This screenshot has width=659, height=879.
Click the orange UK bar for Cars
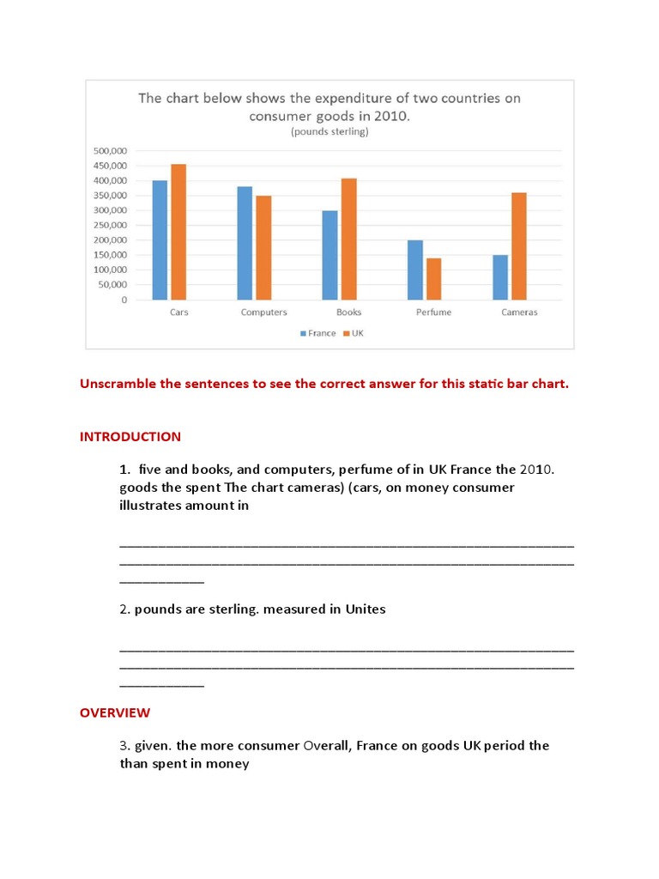click(x=178, y=232)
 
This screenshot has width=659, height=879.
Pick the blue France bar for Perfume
click(x=415, y=270)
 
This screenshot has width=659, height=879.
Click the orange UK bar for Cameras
click(x=519, y=246)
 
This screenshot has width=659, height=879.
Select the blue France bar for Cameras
click(x=500, y=277)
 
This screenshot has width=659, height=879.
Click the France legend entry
click(x=317, y=333)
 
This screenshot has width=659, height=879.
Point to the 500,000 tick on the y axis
click(x=109, y=151)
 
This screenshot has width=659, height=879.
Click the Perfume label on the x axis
click(x=433, y=312)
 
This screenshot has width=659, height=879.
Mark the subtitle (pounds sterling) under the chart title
click(x=329, y=132)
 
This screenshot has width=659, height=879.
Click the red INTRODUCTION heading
click(x=130, y=436)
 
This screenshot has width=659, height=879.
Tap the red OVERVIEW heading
click(x=115, y=712)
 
